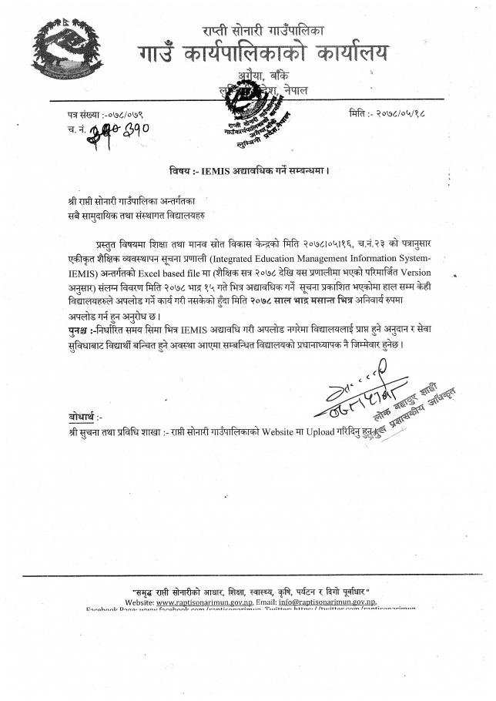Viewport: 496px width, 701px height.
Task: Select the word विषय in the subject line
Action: pyautogui.click(x=180, y=170)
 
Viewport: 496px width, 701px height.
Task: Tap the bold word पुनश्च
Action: pyautogui.click(x=80, y=330)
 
